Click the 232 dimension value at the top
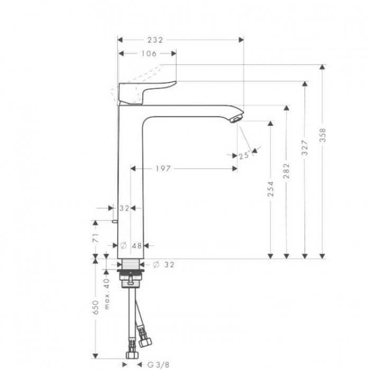[155, 40]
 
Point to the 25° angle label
[244, 155]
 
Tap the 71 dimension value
[96, 237]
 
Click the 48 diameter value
[137, 245]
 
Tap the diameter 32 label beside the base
[164, 264]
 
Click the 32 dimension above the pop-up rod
[124, 208]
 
